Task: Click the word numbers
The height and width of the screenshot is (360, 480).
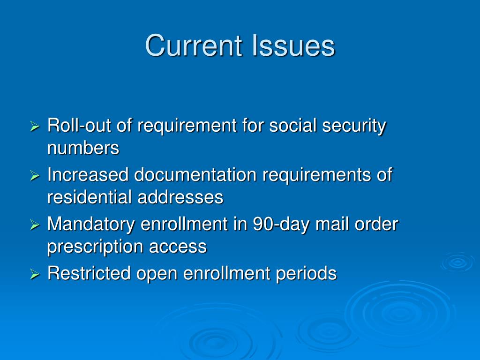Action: [83, 149]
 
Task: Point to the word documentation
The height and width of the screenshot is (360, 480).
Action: [195, 175]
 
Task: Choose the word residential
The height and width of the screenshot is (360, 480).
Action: [90, 197]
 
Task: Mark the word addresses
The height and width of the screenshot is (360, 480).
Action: [180, 197]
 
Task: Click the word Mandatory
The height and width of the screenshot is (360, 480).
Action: [91, 224]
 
